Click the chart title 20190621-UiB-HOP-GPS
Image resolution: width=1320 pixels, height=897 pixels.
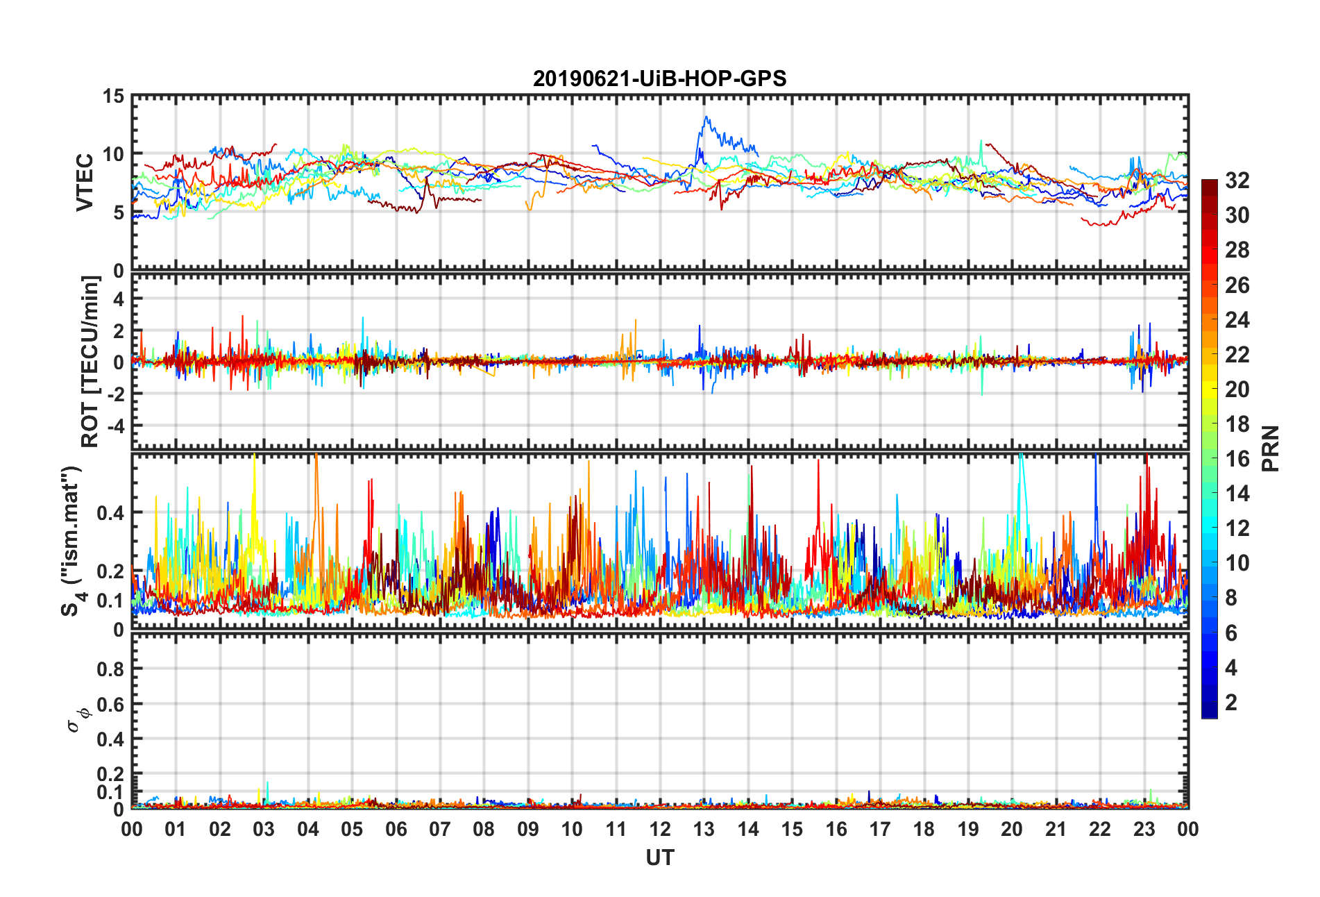click(659, 78)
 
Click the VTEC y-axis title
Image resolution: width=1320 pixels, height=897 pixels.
click(85, 183)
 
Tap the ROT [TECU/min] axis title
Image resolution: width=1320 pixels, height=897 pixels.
click(90, 361)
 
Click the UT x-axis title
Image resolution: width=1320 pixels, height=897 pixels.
click(659, 858)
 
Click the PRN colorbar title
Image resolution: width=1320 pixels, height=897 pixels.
click(1270, 448)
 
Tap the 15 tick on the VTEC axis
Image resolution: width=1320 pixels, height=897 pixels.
click(113, 97)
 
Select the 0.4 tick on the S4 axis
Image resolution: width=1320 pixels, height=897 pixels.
click(110, 513)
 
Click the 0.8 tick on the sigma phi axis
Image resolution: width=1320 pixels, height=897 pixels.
click(110, 669)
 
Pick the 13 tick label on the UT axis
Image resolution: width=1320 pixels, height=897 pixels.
click(704, 830)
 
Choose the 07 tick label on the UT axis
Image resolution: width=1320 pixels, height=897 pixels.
click(440, 830)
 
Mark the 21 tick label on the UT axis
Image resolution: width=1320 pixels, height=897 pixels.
click(1056, 830)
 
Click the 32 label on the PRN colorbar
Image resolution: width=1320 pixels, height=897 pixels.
click(1237, 181)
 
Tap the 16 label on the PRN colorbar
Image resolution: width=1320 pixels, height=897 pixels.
click(1237, 459)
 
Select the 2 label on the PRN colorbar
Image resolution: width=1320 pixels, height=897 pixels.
click(1231, 703)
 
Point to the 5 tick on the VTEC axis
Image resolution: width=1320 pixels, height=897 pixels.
click(119, 212)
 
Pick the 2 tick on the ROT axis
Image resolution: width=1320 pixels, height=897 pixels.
click(119, 330)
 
